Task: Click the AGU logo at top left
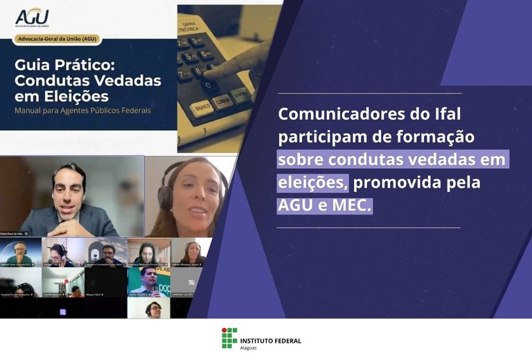click(32, 15)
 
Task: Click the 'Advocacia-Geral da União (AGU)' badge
click(59, 40)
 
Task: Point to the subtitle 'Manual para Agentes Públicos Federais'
click(82, 110)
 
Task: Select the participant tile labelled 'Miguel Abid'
click(106, 282)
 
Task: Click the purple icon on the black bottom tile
click(63, 312)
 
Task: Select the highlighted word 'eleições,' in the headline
click(312, 183)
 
